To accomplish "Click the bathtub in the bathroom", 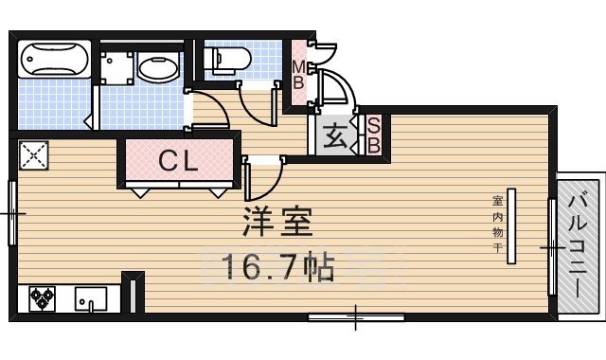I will [x=54, y=61].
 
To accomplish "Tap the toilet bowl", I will [x=228, y=60].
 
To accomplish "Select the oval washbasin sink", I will [x=154, y=66].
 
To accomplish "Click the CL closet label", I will [x=178, y=162].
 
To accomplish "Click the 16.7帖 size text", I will [x=276, y=268].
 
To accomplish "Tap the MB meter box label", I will [x=298, y=75].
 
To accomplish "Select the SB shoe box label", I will [x=373, y=134].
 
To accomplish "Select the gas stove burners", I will [x=43, y=298].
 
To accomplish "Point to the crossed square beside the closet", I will [x=33, y=154].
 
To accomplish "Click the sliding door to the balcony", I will [x=552, y=247].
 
